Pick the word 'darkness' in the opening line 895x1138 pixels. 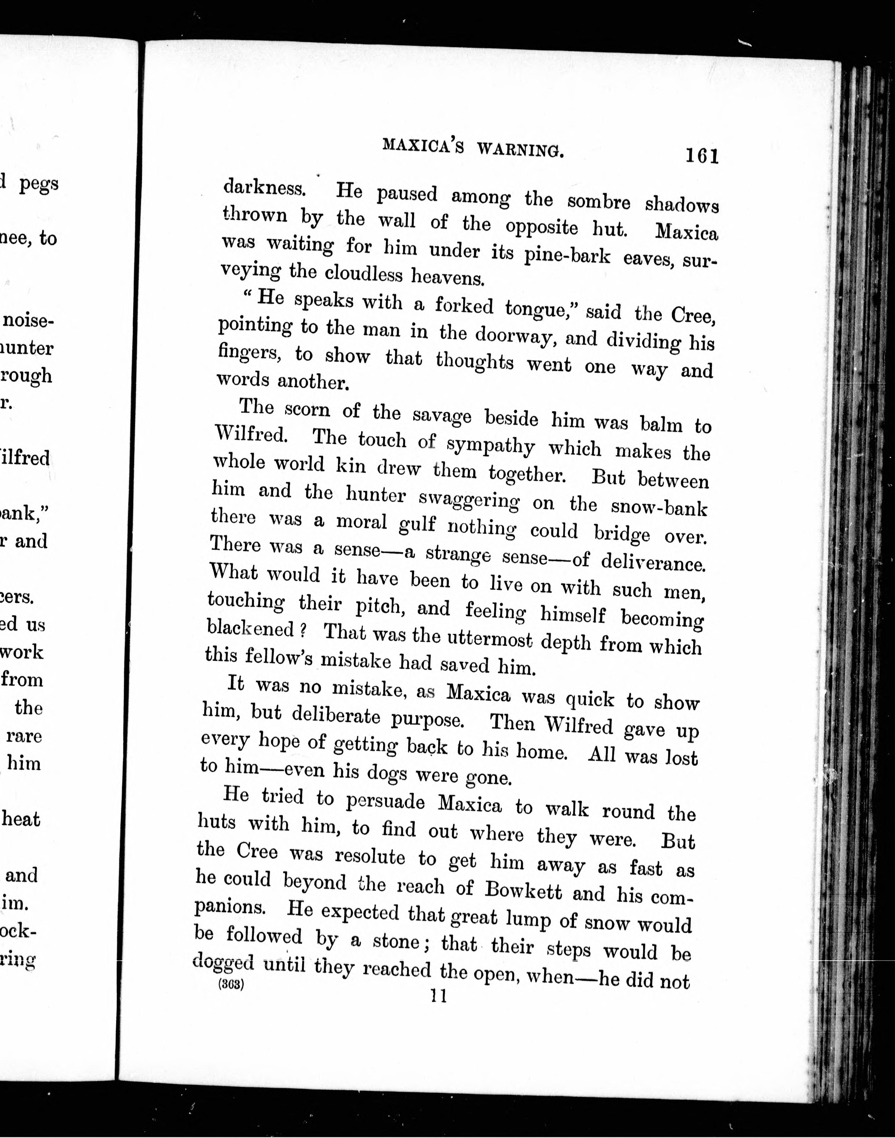tap(264, 188)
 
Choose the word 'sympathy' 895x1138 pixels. tap(491, 445)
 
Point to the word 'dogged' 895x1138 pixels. tap(223, 960)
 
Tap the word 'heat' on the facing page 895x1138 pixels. tap(21, 819)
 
